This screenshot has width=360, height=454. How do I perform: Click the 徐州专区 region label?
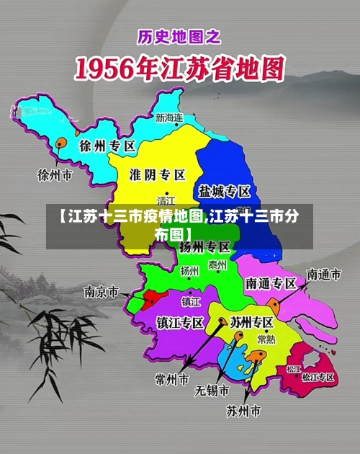point(107,146)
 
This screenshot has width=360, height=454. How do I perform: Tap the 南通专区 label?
point(271,283)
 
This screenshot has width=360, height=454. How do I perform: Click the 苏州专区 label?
point(251,322)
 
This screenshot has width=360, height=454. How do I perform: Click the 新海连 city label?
point(169,117)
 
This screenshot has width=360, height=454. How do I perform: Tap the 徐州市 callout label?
point(55,174)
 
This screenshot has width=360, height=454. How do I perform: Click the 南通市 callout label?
point(323,274)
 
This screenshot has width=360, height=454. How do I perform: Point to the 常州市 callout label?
point(172,378)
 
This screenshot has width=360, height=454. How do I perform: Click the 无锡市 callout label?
point(212,391)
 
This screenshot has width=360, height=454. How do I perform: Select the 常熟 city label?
point(266,339)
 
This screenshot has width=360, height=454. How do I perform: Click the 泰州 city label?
point(217,265)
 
